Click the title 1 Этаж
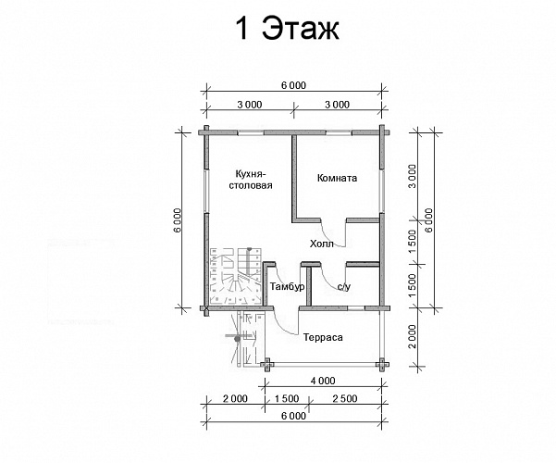coord(287,29)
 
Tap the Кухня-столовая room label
coord(250,180)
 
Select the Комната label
coord(337,178)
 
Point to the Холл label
coord(322,244)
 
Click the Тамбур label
coord(287,286)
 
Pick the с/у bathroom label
coord(343,286)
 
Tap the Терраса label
coord(323,337)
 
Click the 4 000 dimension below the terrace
coord(323,381)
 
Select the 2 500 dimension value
coord(345,399)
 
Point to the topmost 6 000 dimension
coord(293,85)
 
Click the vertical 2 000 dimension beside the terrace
coord(412,336)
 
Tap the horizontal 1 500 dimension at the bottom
coord(287,399)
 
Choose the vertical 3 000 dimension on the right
coord(412,177)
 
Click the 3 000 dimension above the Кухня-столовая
coord(250,105)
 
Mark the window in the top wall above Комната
coord(339,132)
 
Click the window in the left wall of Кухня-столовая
coord(206,191)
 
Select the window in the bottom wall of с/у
coord(356,308)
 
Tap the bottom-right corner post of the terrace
coord(382,364)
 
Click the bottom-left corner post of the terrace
coord(267,364)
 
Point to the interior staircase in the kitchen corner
coord(236,276)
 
